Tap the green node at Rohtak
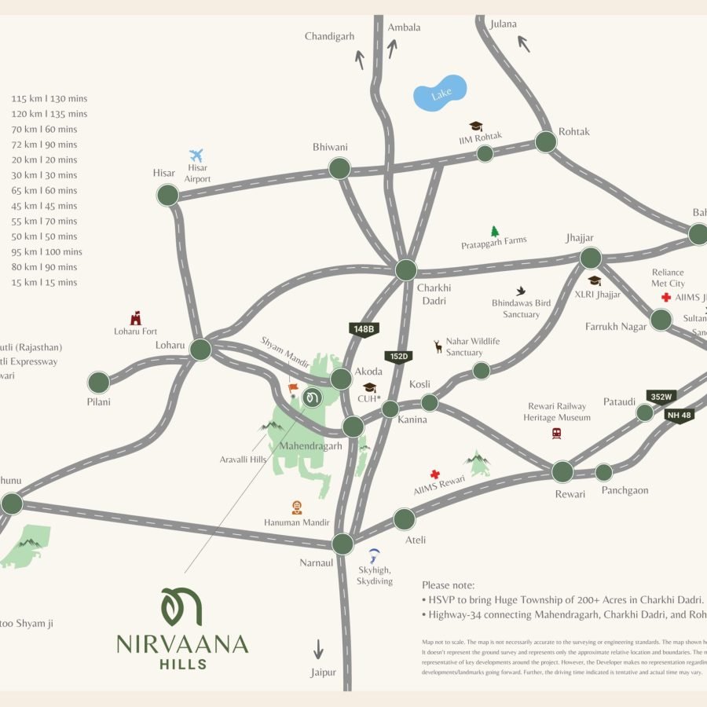coord(546,142)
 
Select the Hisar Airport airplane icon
coord(196,156)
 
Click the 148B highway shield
coord(364,329)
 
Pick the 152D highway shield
coord(398,357)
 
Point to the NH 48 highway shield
coord(679,416)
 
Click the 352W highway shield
coord(661,397)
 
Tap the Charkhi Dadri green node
coord(405,270)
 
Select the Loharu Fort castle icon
coord(136,317)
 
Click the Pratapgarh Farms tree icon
coord(495,231)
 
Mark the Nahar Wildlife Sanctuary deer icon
coord(438,346)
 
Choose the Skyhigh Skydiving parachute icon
coord(375,555)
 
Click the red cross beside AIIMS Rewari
coord(434,474)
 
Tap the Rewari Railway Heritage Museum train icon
coord(556,433)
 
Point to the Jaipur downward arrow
coord(318,649)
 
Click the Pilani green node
coord(99,383)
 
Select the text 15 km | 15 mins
coord(44,282)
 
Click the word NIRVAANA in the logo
coord(182,645)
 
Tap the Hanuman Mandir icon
coord(297,507)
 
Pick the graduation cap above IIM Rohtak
coord(475,126)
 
